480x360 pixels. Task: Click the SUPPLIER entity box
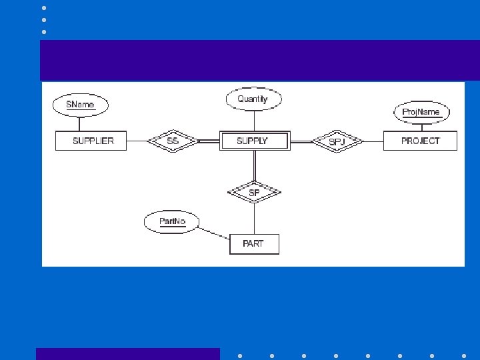tap(93, 141)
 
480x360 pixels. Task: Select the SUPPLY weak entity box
tap(253, 141)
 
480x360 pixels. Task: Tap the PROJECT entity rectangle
tap(420, 141)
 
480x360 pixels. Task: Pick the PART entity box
tap(253, 243)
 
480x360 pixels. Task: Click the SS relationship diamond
tap(173, 141)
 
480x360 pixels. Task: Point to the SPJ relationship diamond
tap(337, 141)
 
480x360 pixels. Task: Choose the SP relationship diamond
tap(254, 193)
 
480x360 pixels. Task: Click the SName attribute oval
tap(80, 105)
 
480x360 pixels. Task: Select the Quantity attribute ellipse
tap(253, 99)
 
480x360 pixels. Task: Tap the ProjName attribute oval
tap(421, 112)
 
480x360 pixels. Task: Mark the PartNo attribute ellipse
tap(173, 221)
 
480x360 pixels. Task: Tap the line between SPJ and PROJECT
tap(373, 141)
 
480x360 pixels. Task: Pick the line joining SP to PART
tap(253, 218)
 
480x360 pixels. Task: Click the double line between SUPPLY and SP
tap(253, 166)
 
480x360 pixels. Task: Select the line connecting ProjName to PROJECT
tap(421, 127)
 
